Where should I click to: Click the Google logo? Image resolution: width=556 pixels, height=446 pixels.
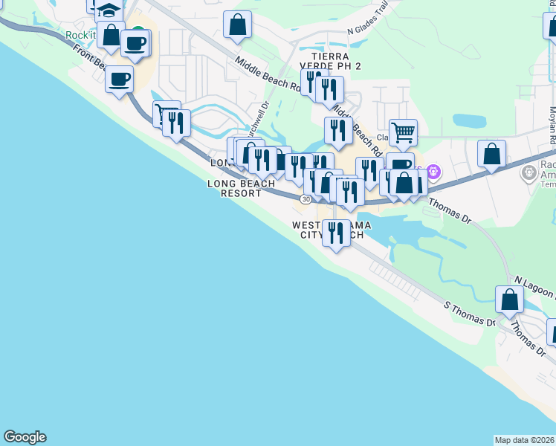pyautogui.click(x=25, y=437)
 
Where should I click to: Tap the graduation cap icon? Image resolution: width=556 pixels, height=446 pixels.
pyautogui.click(x=109, y=10)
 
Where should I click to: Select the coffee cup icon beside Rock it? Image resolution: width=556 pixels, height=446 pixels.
pyautogui.click(x=135, y=43)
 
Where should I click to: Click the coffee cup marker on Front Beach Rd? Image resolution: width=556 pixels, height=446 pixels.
pyautogui.click(x=120, y=79)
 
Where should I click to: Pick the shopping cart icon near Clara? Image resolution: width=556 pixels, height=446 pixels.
pyautogui.click(x=403, y=133)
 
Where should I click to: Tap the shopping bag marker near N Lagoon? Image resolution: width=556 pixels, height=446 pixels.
pyautogui.click(x=510, y=300)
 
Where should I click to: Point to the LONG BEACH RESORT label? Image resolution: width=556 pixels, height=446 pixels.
pyautogui.click(x=235, y=188)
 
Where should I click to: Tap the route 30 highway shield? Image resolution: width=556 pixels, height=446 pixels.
pyautogui.click(x=306, y=199)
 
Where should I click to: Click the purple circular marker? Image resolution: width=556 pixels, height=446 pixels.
pyautogui.click(x=434, y=173)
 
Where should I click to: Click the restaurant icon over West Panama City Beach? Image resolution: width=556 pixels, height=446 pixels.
pyautogui.click(x=336, y=233)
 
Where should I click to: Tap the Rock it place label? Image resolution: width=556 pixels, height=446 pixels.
pyautogui.click(x=81, y=35)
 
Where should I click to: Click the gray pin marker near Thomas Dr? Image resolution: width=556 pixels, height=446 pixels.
pyautogui.click(x=528, y=173)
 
